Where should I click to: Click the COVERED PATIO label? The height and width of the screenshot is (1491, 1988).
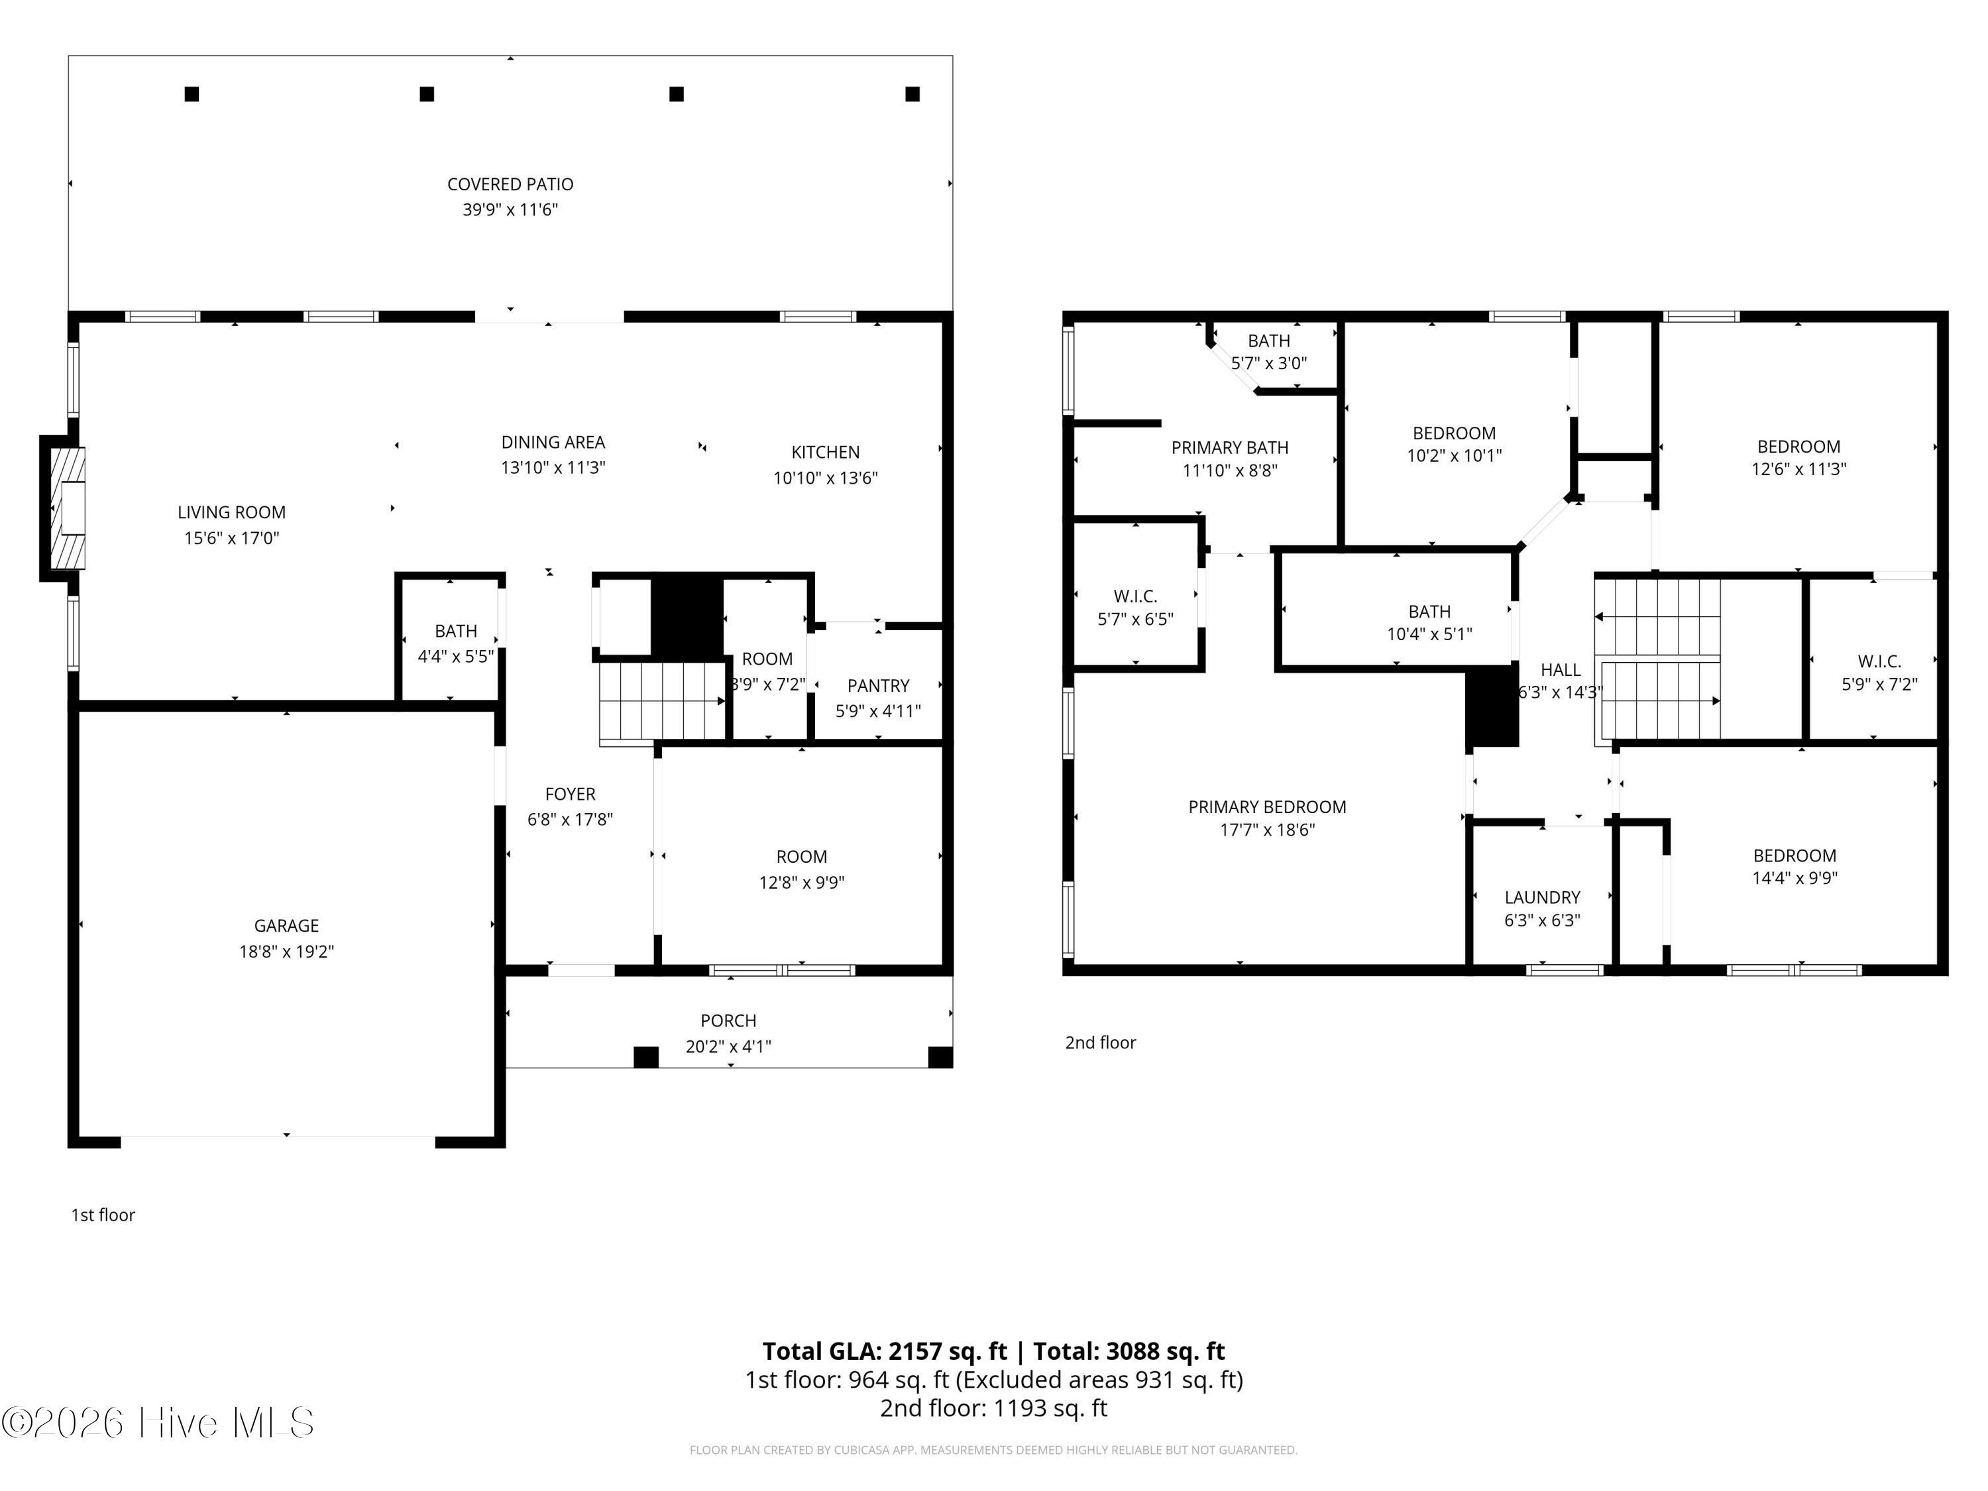pyautogui.click(x=510, y=184)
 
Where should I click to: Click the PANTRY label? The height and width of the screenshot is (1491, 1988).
pyautogui.click(x=878, y=686)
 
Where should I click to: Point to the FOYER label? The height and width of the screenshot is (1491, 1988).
pyautogui.click(x=570, y=794)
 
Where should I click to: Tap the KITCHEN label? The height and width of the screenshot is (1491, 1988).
pyautogui.click(x=825, y=452)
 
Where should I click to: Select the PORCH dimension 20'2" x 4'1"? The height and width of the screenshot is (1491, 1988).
pyautogui.click(x=728, y=1046)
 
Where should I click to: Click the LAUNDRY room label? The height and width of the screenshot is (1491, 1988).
pyautogui.click(x=1542, y=897)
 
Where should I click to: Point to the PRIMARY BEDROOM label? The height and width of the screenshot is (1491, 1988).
pyautogui.click(x=1267, y=807)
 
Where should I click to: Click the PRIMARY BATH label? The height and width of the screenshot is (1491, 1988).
pyautogui.click(x=1229, y=447)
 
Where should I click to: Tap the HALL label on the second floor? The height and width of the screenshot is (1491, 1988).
pyautogui.click(x=1560, y=669)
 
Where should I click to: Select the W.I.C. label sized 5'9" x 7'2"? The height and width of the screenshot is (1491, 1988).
pyautogui.click(x=1879, y=661)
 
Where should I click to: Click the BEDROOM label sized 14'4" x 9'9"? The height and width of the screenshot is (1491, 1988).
pyautogui.click(x=1795, y=856)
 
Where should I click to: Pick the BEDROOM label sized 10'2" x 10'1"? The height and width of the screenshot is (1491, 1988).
pyautogui.click(x=1454, y=433)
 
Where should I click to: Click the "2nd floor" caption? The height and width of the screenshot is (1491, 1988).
pyautogui.click(x=1100, y=1042)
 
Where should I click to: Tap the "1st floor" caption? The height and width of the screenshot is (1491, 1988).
pyautogui.click(x=103, y=1215)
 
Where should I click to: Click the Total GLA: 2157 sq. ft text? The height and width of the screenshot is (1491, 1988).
pyautogui.click(x=885, y=1351)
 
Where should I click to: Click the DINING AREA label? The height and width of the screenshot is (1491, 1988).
pyautogui.click(x=553, y=442)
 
